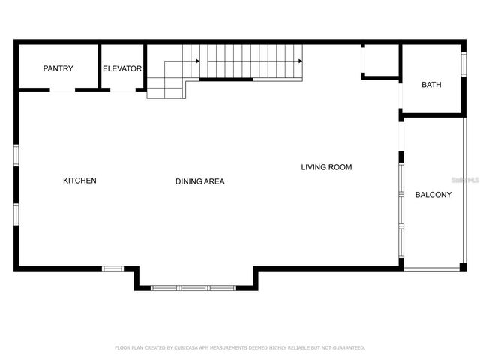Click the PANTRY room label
coord(58,68)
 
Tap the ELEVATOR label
coord(122,68)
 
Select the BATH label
coord(431,85)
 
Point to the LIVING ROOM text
coord(326,167)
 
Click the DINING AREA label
coord(199,181)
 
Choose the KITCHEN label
coord(79,181)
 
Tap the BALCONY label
coord(433,195)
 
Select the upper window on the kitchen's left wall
coord(16,155)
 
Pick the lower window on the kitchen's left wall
coord(16,214)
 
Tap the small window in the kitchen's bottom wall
coord(113,268)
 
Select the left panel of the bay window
coord(165,287)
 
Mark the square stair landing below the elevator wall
coord(166,88)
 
